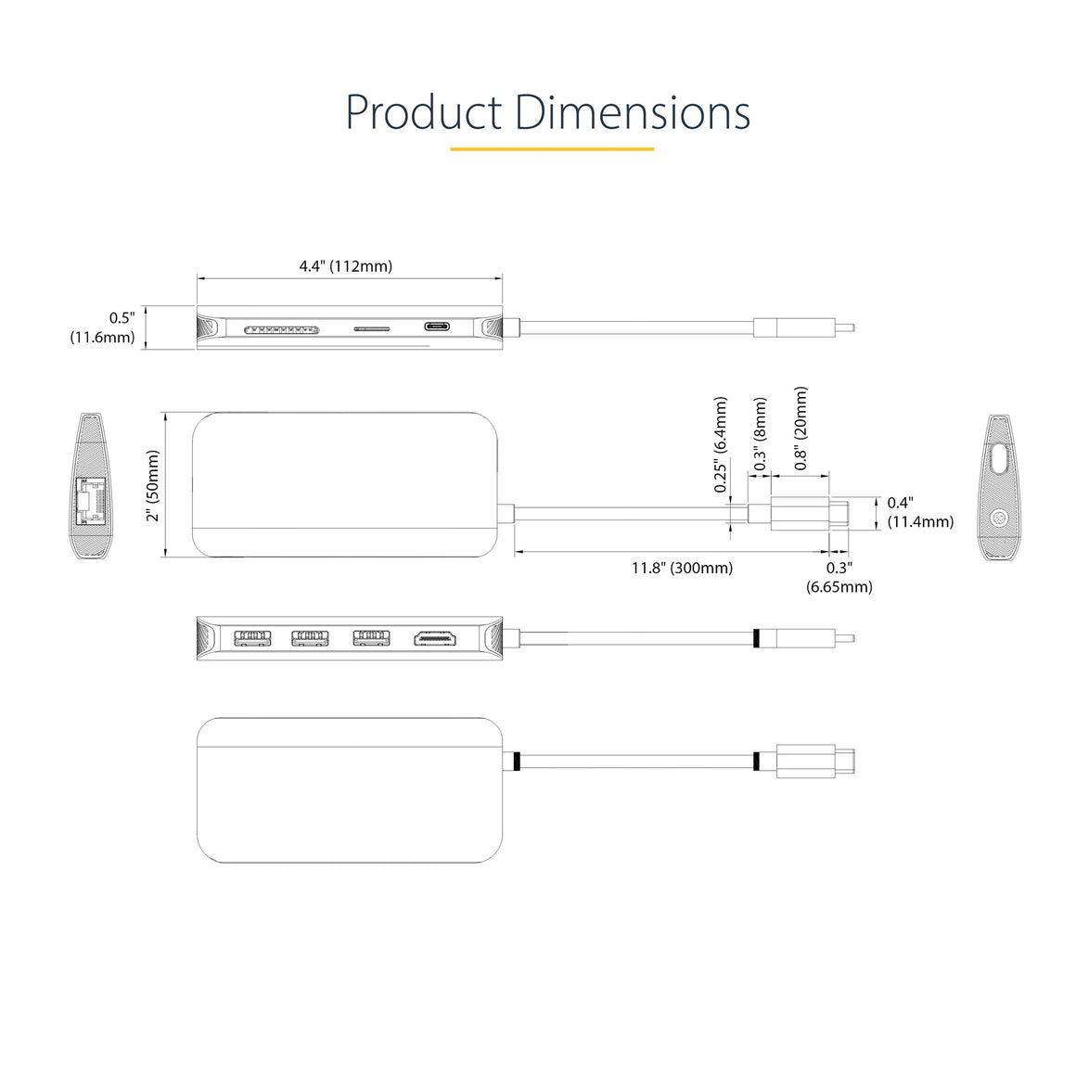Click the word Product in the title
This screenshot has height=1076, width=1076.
point(424,112)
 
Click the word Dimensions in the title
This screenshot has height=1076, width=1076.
point(632,112)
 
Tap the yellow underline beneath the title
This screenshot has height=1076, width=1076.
point(552,148)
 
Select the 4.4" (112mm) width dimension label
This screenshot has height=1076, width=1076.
point(346,266)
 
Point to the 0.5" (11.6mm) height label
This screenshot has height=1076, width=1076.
point(103,327)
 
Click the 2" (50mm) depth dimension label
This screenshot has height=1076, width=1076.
point(152,486)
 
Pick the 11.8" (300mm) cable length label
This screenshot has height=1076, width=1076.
point(682,569)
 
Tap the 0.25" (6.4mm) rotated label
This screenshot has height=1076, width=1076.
point(720,444)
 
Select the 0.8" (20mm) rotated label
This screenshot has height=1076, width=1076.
point(801,429)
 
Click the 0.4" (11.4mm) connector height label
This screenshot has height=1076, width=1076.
point(920,513)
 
